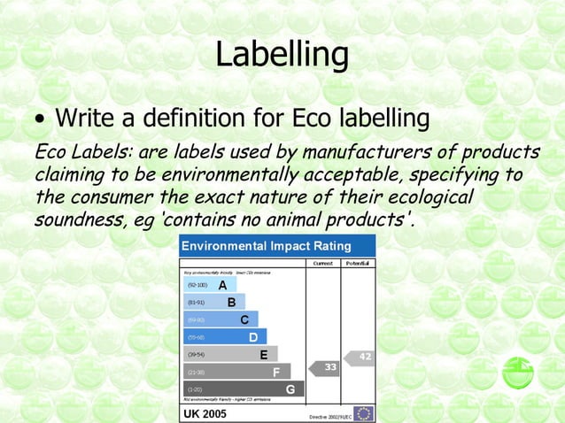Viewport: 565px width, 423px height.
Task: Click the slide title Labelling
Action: click(x=282, y=55)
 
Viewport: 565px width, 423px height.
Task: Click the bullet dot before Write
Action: click(x=40, y=119)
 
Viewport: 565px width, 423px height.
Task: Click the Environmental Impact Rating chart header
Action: click(x=267, y=246)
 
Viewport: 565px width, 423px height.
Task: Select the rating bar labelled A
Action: click(x=210, y=286)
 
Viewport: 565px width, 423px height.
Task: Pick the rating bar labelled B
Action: click(x=214, y=303)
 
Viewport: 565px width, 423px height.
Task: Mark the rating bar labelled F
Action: click(x=236, y=372)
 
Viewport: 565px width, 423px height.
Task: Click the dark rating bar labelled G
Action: click(x=244, y=388)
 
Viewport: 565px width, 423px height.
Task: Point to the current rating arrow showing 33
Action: click(x=324, y=366)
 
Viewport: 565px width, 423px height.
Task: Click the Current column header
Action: click(x=322, y=264)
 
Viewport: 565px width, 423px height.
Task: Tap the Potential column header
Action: click(x=359, y=264)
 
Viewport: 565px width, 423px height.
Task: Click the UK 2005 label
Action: click(x=205, y=413)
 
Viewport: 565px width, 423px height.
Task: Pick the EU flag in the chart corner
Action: click(x=363, y=413)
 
